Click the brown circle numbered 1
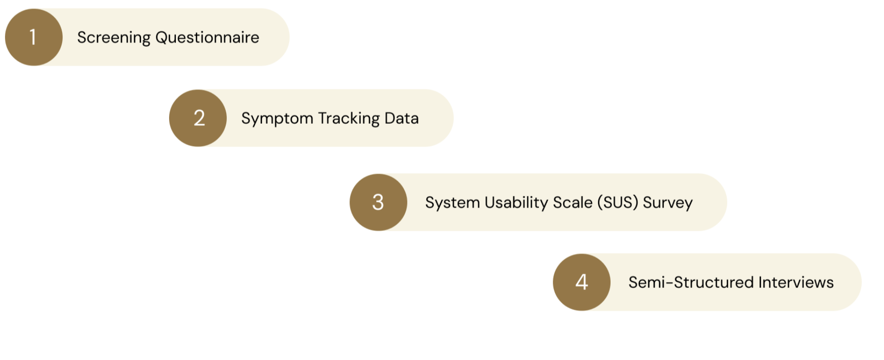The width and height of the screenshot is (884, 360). (x=34, y=37)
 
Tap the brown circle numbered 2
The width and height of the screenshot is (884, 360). (x=198, y=118)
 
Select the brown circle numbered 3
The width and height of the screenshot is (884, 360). (x=378, y=202)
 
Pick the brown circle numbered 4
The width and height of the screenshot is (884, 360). (x=582, y=282)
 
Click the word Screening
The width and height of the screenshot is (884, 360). (x=114, y=38)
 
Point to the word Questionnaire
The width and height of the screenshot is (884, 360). (x=207, y=38)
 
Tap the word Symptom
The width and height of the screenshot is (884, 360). (x=277, y=119)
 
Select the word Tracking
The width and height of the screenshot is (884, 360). (x=349, y=119)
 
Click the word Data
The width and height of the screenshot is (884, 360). (x=402, y=118)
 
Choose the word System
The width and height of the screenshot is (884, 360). (x=452, y=203)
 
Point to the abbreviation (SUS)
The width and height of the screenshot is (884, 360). (x=617, y=202)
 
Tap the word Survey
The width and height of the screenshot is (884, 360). (x=668, y=203)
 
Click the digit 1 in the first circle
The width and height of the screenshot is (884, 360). (x=33, y=37)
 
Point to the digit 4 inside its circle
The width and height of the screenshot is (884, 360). (x=582, y=282)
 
